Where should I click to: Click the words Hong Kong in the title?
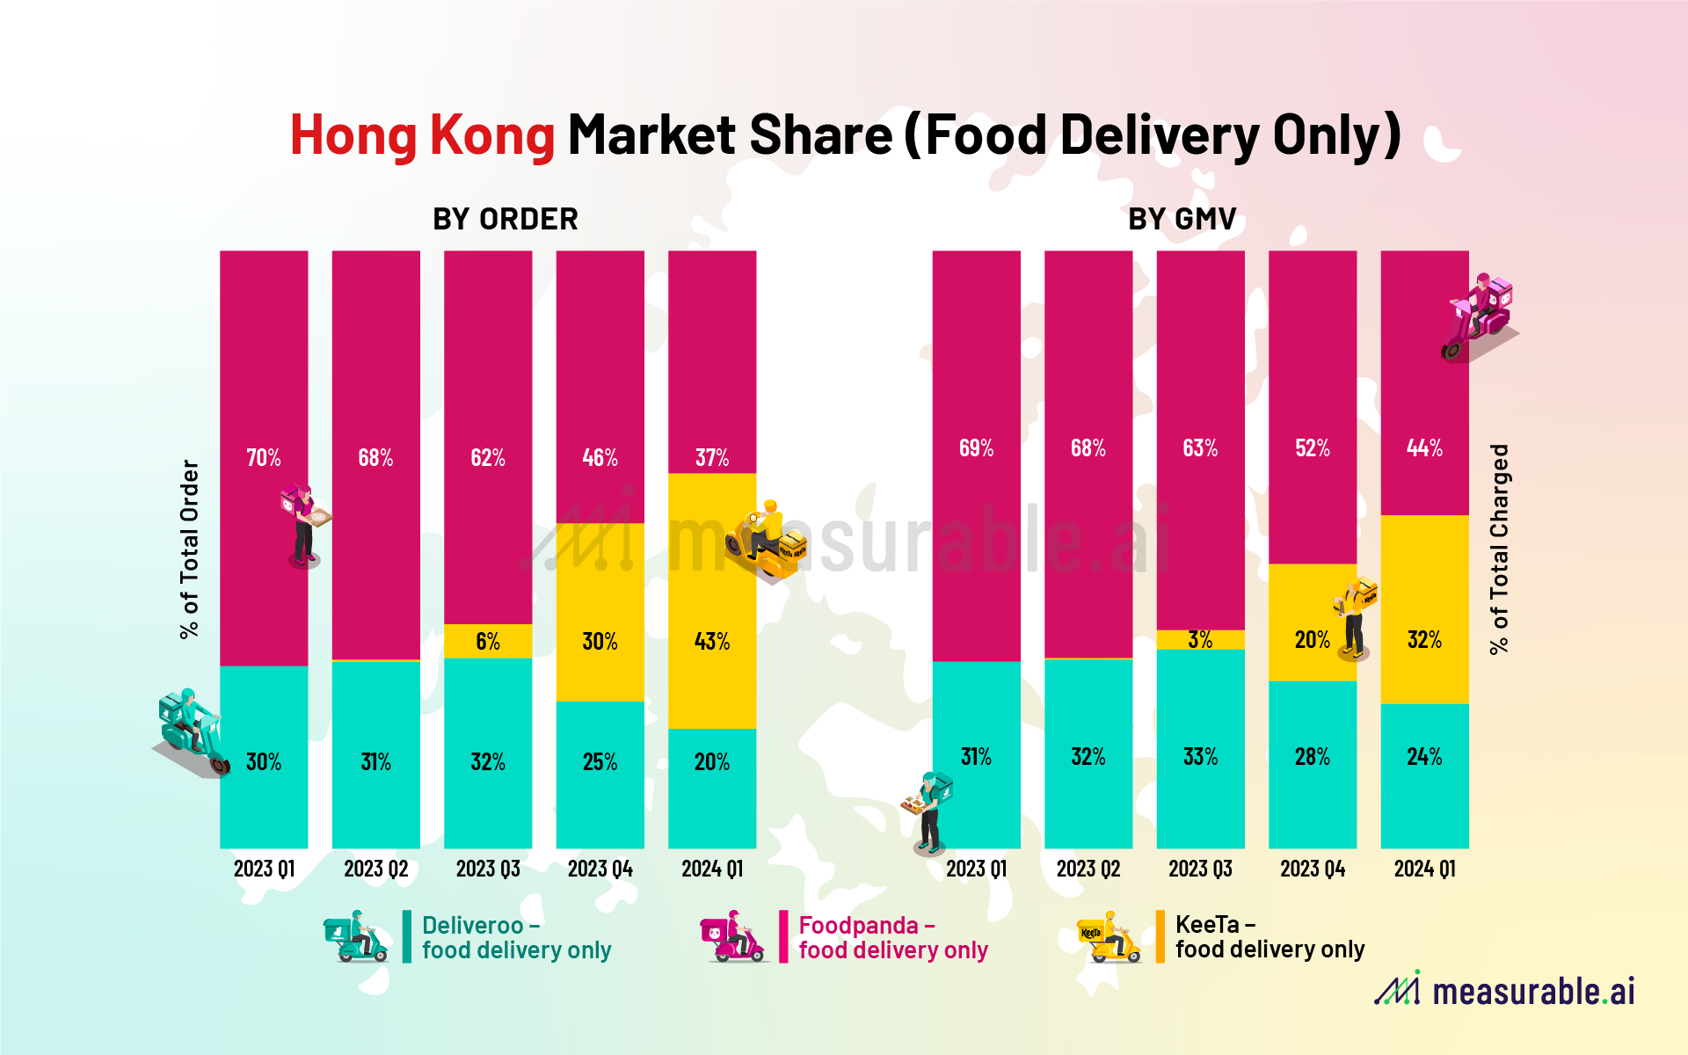[x=422, y=135]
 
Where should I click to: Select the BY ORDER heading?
[x=505, y=219]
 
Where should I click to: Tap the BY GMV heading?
[x=1182, y=219]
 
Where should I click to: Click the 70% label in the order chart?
[x=263, y=458]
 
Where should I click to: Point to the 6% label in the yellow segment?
[x=488, y=642]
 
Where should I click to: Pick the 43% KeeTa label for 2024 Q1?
[x=712, y=642]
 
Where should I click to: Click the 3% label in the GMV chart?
[x=1200, y=640]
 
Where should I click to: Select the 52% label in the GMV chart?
[x=1312, y=448]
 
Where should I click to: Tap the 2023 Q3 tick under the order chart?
[x=488, y=869]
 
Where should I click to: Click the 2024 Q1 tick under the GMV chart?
[x=1424, y=869]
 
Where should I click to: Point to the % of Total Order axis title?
[x=190, y=549]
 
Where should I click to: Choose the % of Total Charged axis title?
[x=1499, y=549]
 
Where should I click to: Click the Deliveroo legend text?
[x=516, y=937]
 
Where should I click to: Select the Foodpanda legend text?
[x=892, y=937]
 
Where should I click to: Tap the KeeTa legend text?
[x=1269, y=936]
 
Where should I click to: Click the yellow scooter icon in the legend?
[x=1109, y=937]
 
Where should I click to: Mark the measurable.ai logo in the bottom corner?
[x=1504, y=990]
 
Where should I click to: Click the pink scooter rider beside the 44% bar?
[x=1480, y=316]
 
